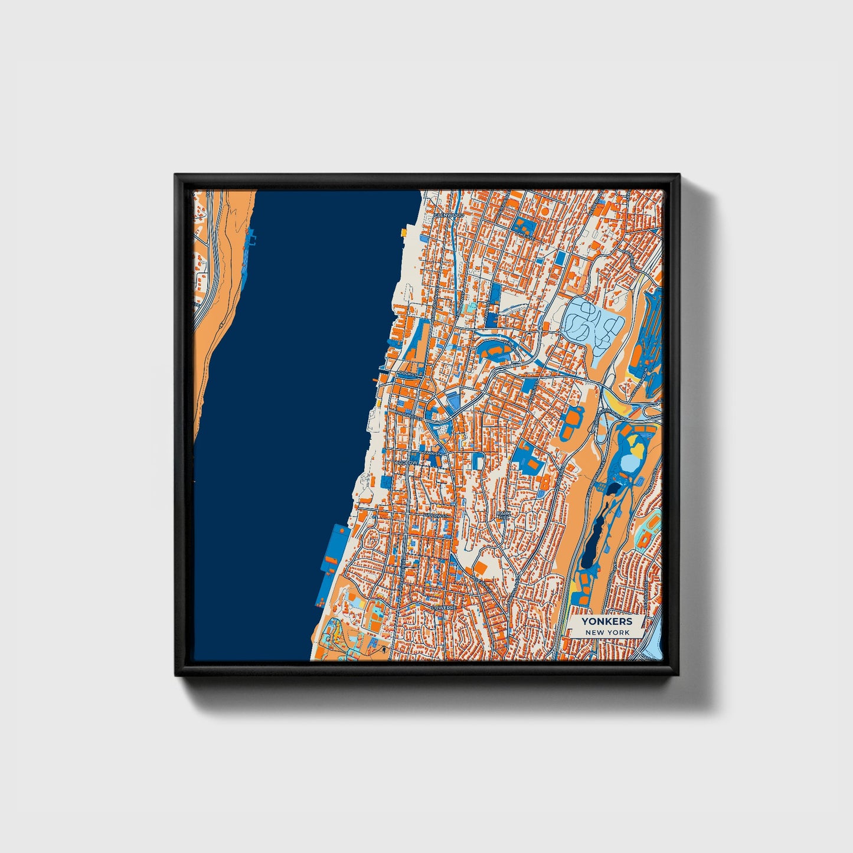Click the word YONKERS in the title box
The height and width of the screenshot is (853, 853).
(x=606, y=621)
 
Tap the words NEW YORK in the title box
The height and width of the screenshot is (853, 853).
(x=607, y=632)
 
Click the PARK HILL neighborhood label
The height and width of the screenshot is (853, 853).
(x=503, y=515)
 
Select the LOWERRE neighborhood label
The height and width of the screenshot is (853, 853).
(x=444, y=607)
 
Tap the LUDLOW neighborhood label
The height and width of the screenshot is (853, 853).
(x=407, y=462)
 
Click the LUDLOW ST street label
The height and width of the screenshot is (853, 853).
(x=437, y=515)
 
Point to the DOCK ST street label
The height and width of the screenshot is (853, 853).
(x=407, y=374)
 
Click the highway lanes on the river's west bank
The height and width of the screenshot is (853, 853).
(x=218, y=248)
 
